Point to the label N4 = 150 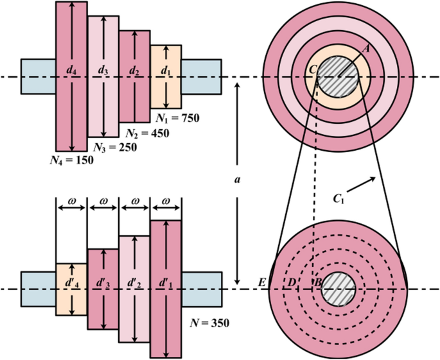(x=73, y=160)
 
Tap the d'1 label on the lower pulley (x=166, y=282)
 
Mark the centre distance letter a (x=238, y=182)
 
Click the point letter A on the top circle (x=367, y=48)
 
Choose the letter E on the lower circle (x=261, y=282)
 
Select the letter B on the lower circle (x=315, y=282)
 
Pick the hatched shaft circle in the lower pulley (x=339, y=289)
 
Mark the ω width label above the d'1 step (x=166, y=201)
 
